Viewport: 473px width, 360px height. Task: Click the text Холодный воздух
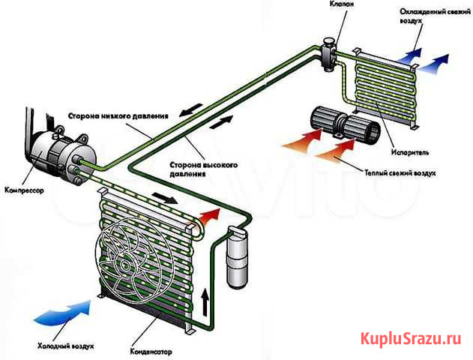pos(66,346)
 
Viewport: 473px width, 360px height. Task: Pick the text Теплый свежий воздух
pos(396,173)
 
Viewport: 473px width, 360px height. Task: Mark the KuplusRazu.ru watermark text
pos(409,339)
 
